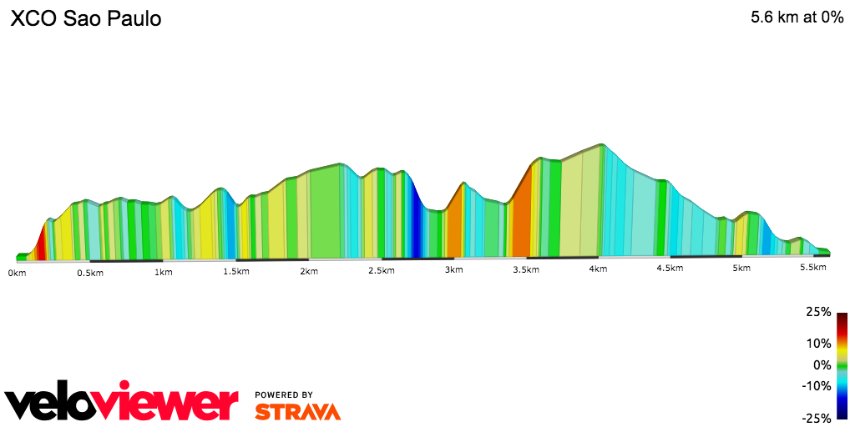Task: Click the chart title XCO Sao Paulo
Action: (85, 19)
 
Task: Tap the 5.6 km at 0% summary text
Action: (797, 18)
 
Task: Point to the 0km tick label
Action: (17, 272)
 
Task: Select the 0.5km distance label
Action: (90, 272)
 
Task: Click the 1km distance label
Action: (164, 272)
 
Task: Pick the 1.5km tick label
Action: (236, 272)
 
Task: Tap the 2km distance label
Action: (309, 272)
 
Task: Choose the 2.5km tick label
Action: (382, 272)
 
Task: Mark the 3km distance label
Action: (454, 272)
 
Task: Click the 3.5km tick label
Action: (526, 272)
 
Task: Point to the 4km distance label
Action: (598, 269)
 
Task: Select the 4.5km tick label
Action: (670, 269)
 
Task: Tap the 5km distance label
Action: (741, 269)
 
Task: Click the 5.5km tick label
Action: (813, 267)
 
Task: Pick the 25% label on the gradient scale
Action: (819, 312)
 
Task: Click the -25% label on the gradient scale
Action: (817, 418)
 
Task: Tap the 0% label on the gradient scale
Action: (822, 364)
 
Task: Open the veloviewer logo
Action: (122, 403)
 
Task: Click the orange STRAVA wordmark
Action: (297, 411)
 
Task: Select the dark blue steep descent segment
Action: (412, 221)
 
